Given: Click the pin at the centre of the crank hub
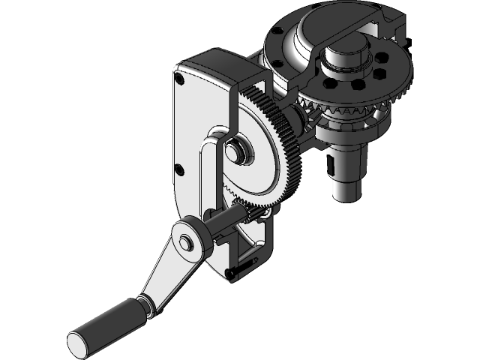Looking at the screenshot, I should tap(184, 241).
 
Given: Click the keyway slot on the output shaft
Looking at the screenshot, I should tap(331, 162).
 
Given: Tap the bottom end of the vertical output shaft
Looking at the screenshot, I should tap(347, 190).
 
